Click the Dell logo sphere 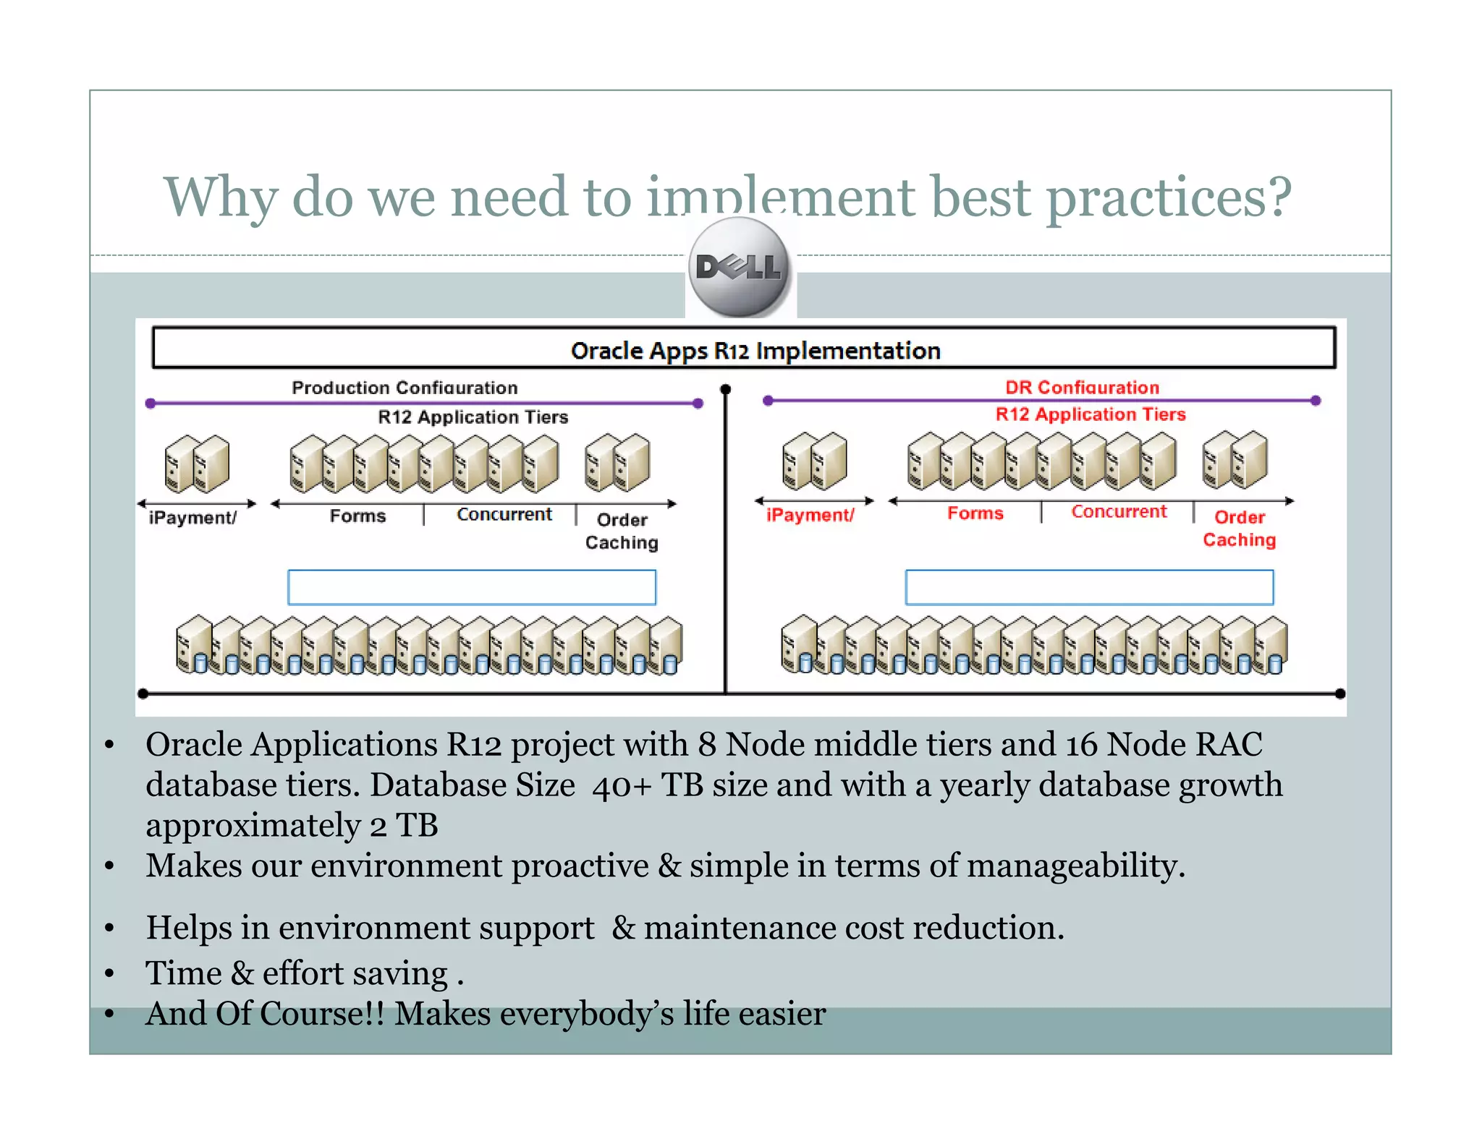pos(739,268)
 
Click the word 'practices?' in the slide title pos(1168,197)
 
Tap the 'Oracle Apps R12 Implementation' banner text pos(755,351)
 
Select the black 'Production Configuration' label pos(405,388)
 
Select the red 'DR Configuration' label pos(1082,387)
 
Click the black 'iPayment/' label pos(192,518)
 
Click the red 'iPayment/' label pos(810,515)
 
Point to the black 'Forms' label pos(357,516)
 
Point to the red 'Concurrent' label pos(1119,511)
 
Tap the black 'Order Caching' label pos(622,531)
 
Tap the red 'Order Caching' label pos(1239,529)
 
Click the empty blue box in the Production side pos(472,587)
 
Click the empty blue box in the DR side pos(1089,587)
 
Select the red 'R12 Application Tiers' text pos(1091,414)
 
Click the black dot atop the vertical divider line pos(726,390)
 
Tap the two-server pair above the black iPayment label pos(197,464)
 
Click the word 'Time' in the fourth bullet pos(183,973)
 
